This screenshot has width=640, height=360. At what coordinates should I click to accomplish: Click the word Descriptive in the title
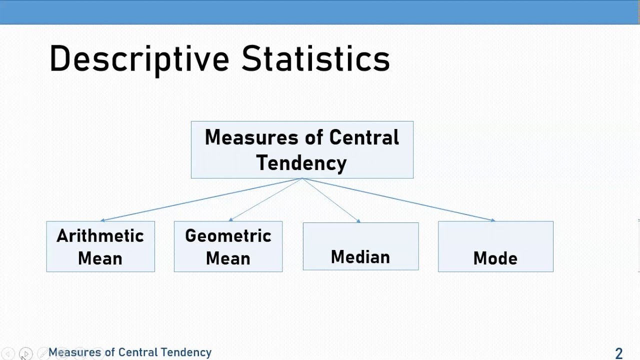(x=139, y=59)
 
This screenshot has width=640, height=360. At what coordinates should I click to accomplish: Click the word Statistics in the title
(x=315, y=59)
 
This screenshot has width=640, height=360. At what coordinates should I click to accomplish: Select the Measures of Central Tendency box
(x=302, y=149)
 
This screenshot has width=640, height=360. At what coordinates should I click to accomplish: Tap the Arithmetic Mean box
(x=100, y=246)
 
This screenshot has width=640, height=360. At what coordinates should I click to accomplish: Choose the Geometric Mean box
(x=228, y=246)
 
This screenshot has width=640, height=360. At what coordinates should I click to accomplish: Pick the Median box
(x=360, y=246)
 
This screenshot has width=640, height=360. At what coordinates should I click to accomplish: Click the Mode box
(x=495, y=246)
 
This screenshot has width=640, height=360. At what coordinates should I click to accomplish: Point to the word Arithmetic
(x=100, y=236)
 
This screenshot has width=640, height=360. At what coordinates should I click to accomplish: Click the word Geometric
(x=228, y=236)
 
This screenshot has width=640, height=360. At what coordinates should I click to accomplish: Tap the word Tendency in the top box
(x=301, y=163)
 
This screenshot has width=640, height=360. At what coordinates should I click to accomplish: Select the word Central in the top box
(x=364, y=137)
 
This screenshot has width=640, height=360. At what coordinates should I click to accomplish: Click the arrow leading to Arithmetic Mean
(x=200, y=199)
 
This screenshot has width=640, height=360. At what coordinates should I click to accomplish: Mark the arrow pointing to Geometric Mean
(x=265, y=199)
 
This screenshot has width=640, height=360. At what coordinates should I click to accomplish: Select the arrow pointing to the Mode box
(x=400, y=199)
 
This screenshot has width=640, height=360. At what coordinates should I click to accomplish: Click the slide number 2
(x=618, y=353)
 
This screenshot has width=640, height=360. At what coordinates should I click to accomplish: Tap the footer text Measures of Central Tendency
(x=130, y=352)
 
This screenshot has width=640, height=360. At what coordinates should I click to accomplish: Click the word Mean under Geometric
(x=228, y=258)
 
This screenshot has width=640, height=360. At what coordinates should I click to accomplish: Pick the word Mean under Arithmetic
(x=100, y=258)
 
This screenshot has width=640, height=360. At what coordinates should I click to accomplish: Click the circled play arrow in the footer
(x=26, y=353)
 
